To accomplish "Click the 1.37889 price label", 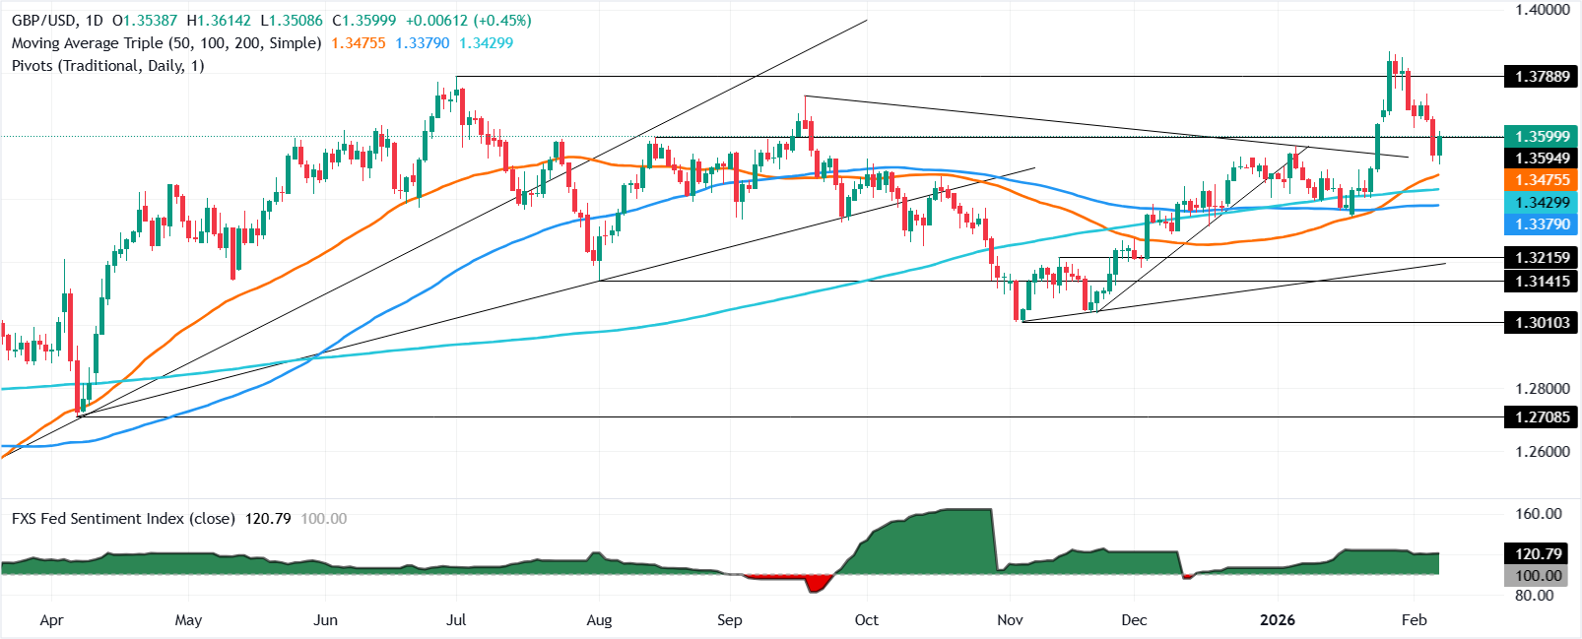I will pos(1542,77).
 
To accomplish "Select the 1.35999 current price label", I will pos(1542,137).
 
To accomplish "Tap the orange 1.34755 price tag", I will pos(1542,179).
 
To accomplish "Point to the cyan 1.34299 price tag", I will pos(1542,203).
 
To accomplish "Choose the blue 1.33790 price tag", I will pos(1542,224).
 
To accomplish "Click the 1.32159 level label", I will pos(1542,258).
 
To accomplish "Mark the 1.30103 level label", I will pos(1542,322).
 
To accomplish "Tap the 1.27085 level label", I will pos(1542,417).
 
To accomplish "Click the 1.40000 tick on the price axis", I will pos(1542,10).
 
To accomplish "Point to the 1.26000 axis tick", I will pos(1542,452).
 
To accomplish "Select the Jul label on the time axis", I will pos(456,620).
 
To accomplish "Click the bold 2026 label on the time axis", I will pos(1279,620).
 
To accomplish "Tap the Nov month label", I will pos(1010,620).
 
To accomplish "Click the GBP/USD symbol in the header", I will pos(42,21).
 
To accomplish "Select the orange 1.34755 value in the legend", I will pos(358,43).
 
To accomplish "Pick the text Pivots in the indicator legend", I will pos(33,66).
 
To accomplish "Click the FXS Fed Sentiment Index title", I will pos(123,519).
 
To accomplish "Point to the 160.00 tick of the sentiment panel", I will pos(1539,514).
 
